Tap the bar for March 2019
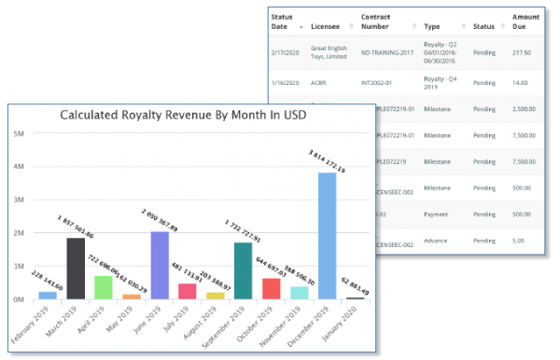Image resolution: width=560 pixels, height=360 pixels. coord(76,268)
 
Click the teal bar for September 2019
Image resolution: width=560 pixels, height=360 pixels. coord(243,270)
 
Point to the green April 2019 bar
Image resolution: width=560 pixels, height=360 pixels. coord(104,287)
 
